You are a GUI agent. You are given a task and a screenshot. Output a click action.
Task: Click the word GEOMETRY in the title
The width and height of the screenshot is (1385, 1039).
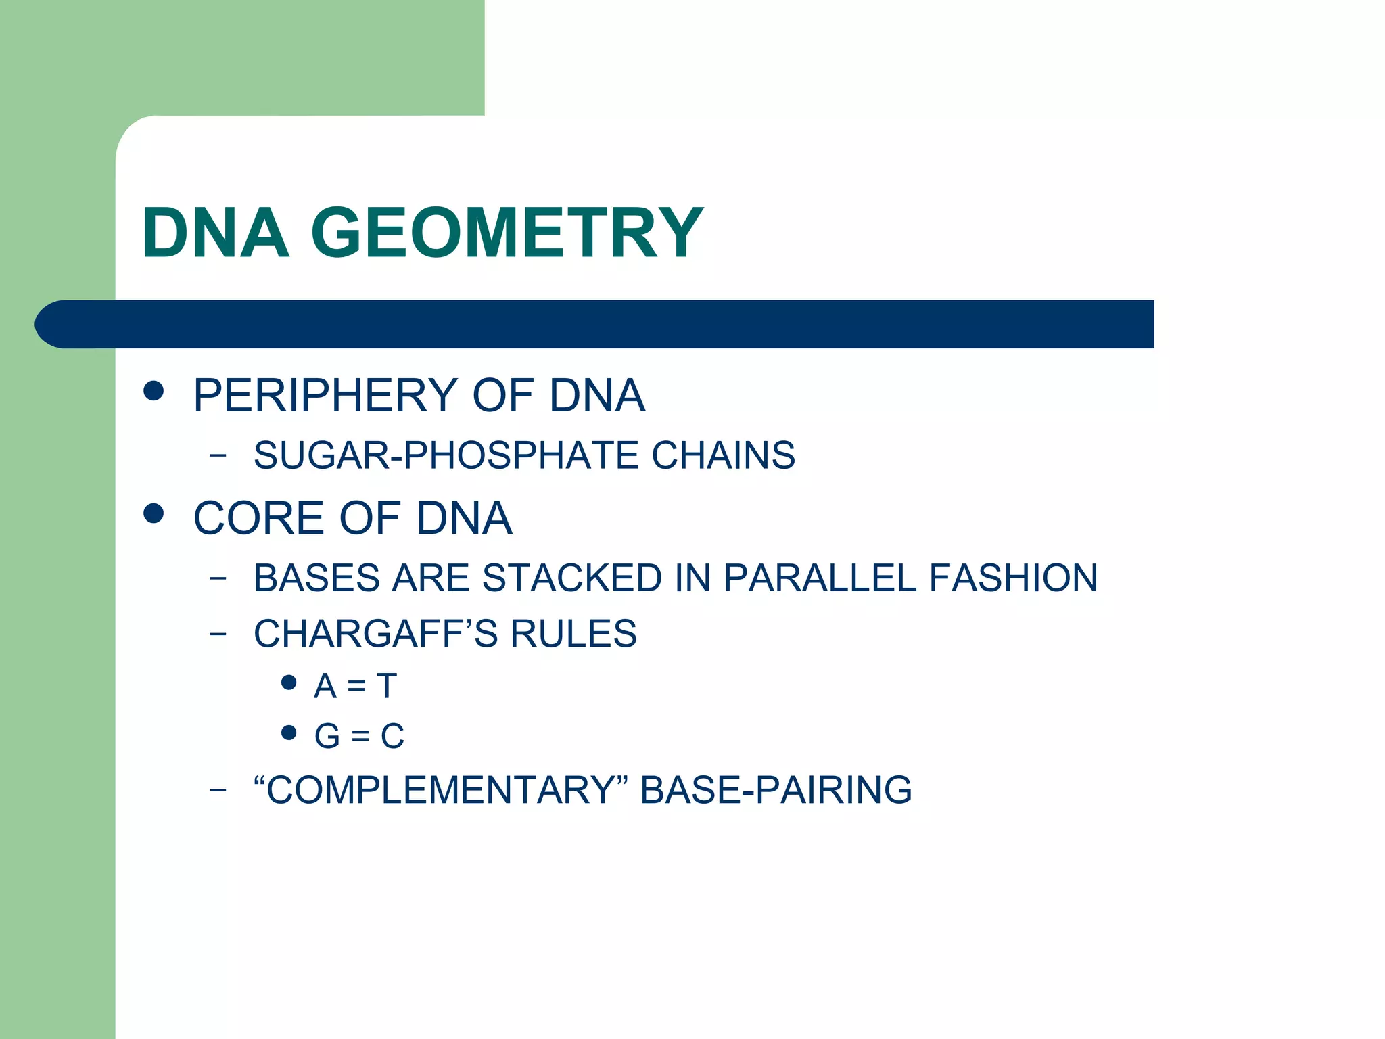(x=507, y=233)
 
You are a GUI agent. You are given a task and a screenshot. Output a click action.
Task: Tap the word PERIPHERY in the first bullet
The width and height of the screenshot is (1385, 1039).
(x=325, y=396)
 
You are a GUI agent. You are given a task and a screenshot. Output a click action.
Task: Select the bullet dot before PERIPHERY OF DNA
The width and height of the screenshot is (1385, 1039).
(x=154, y=391)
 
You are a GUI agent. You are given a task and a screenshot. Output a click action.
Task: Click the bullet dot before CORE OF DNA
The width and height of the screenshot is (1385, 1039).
(x=154, y=513)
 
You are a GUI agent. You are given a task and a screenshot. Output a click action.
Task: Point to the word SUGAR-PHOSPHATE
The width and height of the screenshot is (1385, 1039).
(x=446, y=455)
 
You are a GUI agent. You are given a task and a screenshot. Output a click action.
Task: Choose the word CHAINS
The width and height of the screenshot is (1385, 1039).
(x=723, y=455)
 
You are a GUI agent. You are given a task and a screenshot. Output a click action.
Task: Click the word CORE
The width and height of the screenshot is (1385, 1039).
(x=258, y=519)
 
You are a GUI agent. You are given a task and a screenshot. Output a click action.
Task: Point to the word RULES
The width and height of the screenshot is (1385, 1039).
(x=573, y=634)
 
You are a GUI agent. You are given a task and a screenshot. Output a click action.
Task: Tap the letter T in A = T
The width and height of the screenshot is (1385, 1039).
(x=387, y=686)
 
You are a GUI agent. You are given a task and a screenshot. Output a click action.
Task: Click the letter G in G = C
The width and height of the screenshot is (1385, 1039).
(x=327, y=736)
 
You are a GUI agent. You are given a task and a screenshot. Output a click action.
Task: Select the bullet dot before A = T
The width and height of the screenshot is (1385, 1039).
(x=289, y=683)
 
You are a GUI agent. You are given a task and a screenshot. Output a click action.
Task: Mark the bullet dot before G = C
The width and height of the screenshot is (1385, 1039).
(x=289, y=733)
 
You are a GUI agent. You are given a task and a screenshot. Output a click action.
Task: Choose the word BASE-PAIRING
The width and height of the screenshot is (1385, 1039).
(x=776, y=789)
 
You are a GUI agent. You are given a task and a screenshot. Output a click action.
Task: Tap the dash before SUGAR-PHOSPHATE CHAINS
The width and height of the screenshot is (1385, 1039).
(x=218, y=455)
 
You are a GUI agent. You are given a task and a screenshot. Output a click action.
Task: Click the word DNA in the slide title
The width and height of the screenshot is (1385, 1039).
(x=216, y=233)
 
